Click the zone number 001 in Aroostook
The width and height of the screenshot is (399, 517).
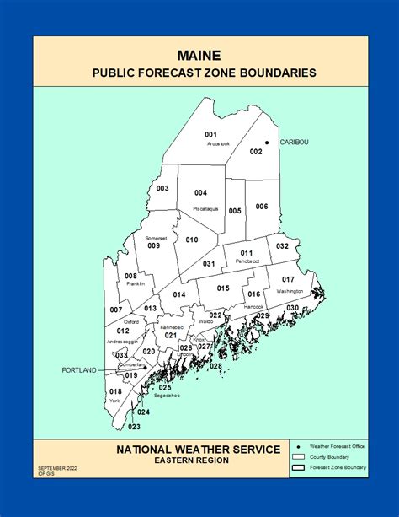[210, 135]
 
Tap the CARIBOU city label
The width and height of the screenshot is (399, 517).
[294, 143]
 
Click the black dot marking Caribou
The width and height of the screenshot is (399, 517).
[267, 143]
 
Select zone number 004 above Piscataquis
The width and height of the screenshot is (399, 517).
[200, 193]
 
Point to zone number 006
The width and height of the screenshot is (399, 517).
[262, 207]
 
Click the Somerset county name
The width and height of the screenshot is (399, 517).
[152, 238]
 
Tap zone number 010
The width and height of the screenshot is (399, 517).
[192, 240]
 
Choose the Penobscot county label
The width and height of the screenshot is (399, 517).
[247, 261]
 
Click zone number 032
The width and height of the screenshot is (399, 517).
[282, 246]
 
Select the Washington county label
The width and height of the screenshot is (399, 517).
[289, 291]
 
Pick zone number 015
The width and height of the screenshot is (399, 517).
[223, 288]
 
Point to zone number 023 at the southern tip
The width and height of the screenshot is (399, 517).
[135, 427]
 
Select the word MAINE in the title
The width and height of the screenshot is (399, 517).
[199, 55]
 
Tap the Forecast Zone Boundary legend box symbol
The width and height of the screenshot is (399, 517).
[296, 466]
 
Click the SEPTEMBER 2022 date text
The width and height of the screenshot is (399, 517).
[56, 466]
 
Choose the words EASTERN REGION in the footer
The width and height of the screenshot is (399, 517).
[199, 460]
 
